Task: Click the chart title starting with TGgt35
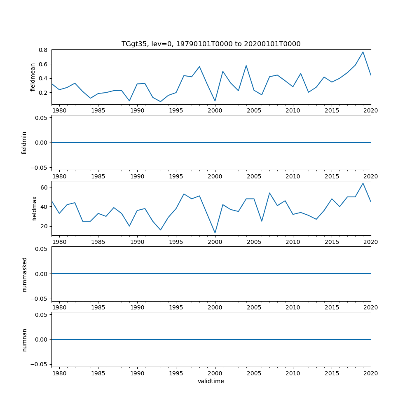pos(211,44)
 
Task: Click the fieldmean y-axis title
pos(33,77)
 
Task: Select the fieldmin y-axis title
pos(24,143)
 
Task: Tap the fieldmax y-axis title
pos(35,208)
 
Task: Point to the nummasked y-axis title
pos(24,274)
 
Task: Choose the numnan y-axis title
pos(24,339)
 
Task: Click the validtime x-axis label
pos(211,381)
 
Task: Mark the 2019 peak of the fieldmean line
pos(363,52)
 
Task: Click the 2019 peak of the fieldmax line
pos(363,183)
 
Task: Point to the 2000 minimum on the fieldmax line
pos(215,233)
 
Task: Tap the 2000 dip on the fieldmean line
pos(215,101)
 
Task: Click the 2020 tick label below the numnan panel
pos(371,373)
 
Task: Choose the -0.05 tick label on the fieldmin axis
pos(40,167)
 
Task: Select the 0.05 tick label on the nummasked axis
pos(42,249)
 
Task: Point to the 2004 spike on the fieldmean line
pos(246,66)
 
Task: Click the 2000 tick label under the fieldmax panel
pos(215,242)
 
